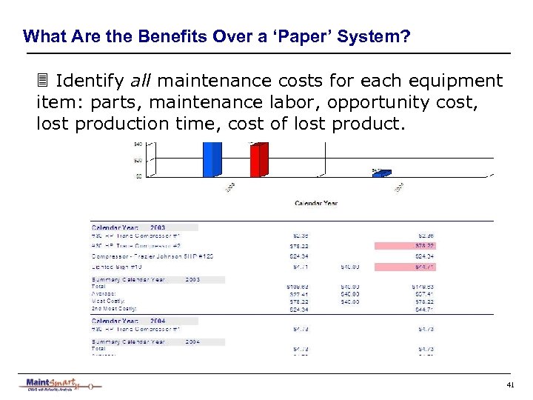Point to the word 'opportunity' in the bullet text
click(x=372, y=101)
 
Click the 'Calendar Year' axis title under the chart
click(x=316, y=203)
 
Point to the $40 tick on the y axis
click(x=138, y=144)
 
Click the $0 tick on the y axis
click(x=139, y=176)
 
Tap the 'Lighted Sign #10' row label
click(x=114, y=266)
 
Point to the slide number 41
click(x=510, y=385)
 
